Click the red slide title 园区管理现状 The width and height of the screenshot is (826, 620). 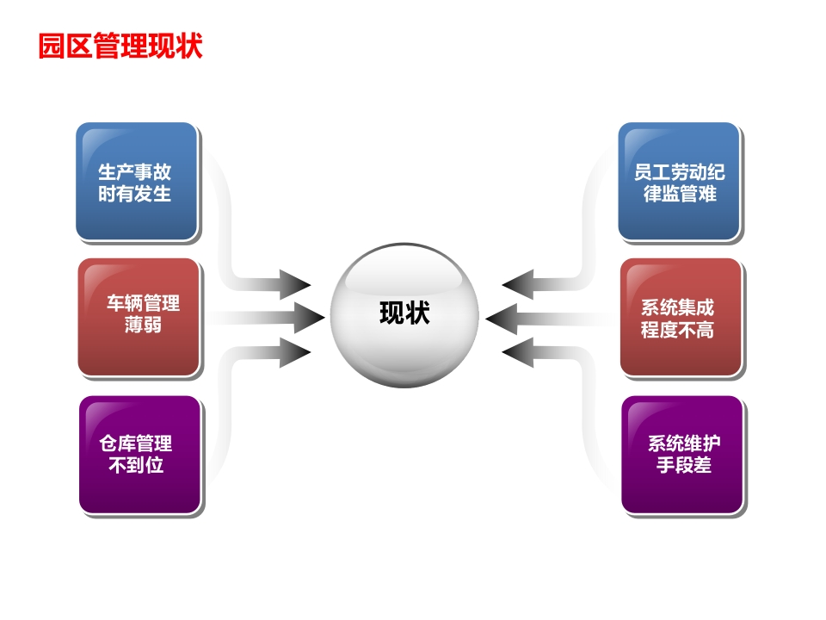(120, 46)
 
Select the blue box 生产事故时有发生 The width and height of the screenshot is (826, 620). (137, 182)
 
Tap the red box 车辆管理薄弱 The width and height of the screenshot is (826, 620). (139, 317)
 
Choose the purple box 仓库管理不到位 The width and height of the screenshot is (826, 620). (140, 455)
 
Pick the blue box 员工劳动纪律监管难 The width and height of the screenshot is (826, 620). (680, 182)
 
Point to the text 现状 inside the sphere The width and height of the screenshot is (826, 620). (404, 313)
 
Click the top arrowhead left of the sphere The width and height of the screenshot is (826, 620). (295, 284)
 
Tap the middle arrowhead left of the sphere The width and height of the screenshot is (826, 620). (309, 318)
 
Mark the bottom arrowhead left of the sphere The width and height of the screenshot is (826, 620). (295, 352)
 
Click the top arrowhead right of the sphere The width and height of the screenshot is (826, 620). (517, 284)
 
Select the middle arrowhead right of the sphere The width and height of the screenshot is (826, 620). (501, 319)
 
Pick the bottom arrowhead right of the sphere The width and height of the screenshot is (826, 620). (517, 352)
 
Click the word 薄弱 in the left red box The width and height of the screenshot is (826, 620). (144, 325)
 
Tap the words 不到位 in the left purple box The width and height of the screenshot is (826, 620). (136, 465)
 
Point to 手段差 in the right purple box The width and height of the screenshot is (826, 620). (684, 465)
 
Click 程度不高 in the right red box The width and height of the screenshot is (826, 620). (677, 330)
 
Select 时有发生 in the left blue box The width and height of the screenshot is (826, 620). (135, 194)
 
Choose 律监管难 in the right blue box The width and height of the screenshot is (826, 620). (680, 194)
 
